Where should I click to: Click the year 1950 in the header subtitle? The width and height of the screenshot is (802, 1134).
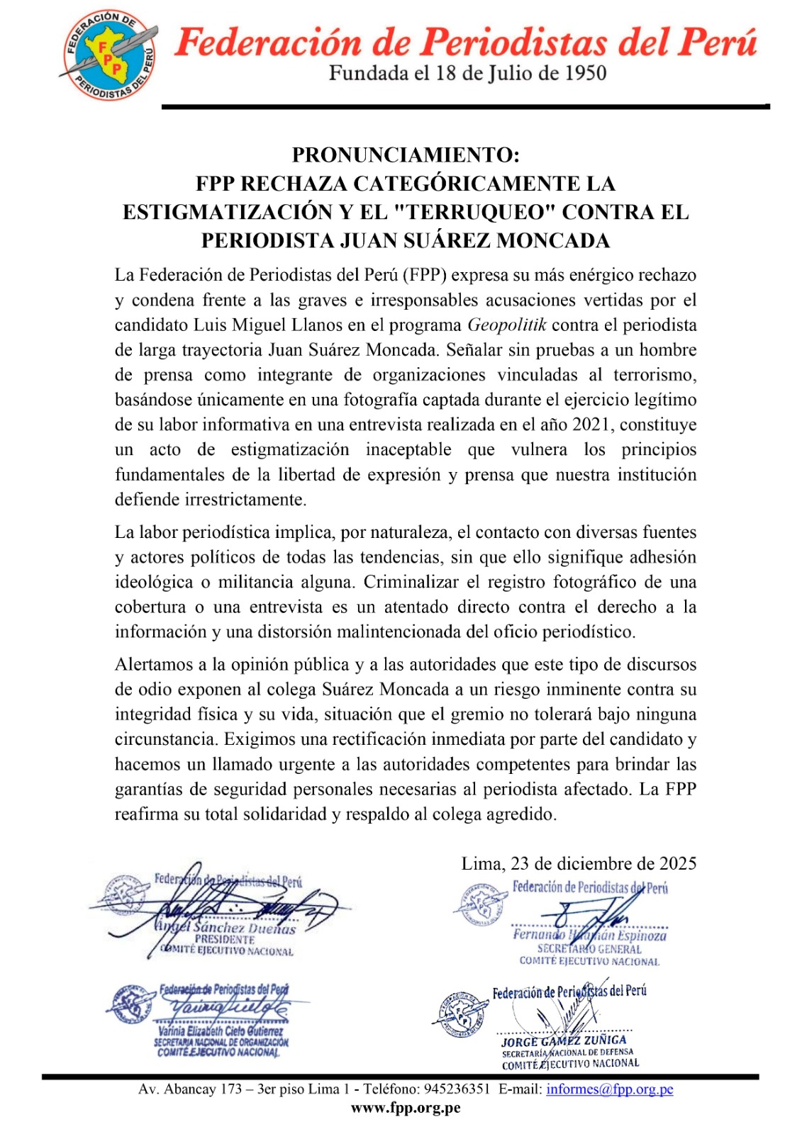click(584, 73)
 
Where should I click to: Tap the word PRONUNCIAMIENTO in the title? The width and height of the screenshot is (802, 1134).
click(406, 155)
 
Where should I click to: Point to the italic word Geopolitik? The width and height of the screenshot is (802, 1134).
click(507, 325)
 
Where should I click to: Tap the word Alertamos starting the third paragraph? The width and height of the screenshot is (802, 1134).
click(152, 665)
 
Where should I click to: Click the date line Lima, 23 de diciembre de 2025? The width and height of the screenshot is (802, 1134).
click(579, 863)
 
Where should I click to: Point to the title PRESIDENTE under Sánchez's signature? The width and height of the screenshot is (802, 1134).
click(225, 939)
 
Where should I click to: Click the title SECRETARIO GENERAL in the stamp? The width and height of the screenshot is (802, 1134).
click(589, 949)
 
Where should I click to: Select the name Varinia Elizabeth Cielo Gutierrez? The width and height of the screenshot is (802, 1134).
click(221, 1031)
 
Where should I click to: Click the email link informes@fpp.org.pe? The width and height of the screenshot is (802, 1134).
click(609, 1089)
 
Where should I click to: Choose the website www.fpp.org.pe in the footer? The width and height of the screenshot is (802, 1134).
click(406, 1108)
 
